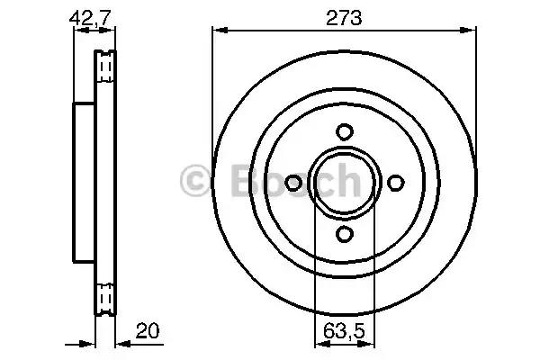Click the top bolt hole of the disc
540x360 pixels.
point(344,131)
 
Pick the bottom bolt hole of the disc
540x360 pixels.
point(344,235)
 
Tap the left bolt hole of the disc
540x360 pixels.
point(292,183)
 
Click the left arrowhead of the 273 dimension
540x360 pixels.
point(217,29)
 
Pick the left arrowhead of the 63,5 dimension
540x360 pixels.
point(318,343)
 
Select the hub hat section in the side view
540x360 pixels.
point(83,183)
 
